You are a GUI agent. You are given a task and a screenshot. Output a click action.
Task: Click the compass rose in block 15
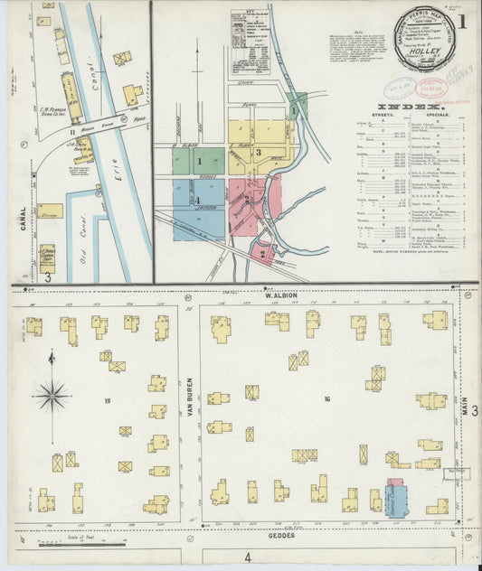tap(52, 395)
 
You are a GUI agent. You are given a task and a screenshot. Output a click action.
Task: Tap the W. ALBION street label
tap(280, 295)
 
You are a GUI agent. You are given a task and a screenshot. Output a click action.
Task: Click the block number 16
tap(326, 398)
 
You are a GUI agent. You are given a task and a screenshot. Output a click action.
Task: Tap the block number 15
tap(107, 399)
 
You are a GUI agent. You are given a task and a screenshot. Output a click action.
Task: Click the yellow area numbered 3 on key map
tap(258, 152)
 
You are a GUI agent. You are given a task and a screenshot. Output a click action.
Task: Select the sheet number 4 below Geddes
tap(248, 557)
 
